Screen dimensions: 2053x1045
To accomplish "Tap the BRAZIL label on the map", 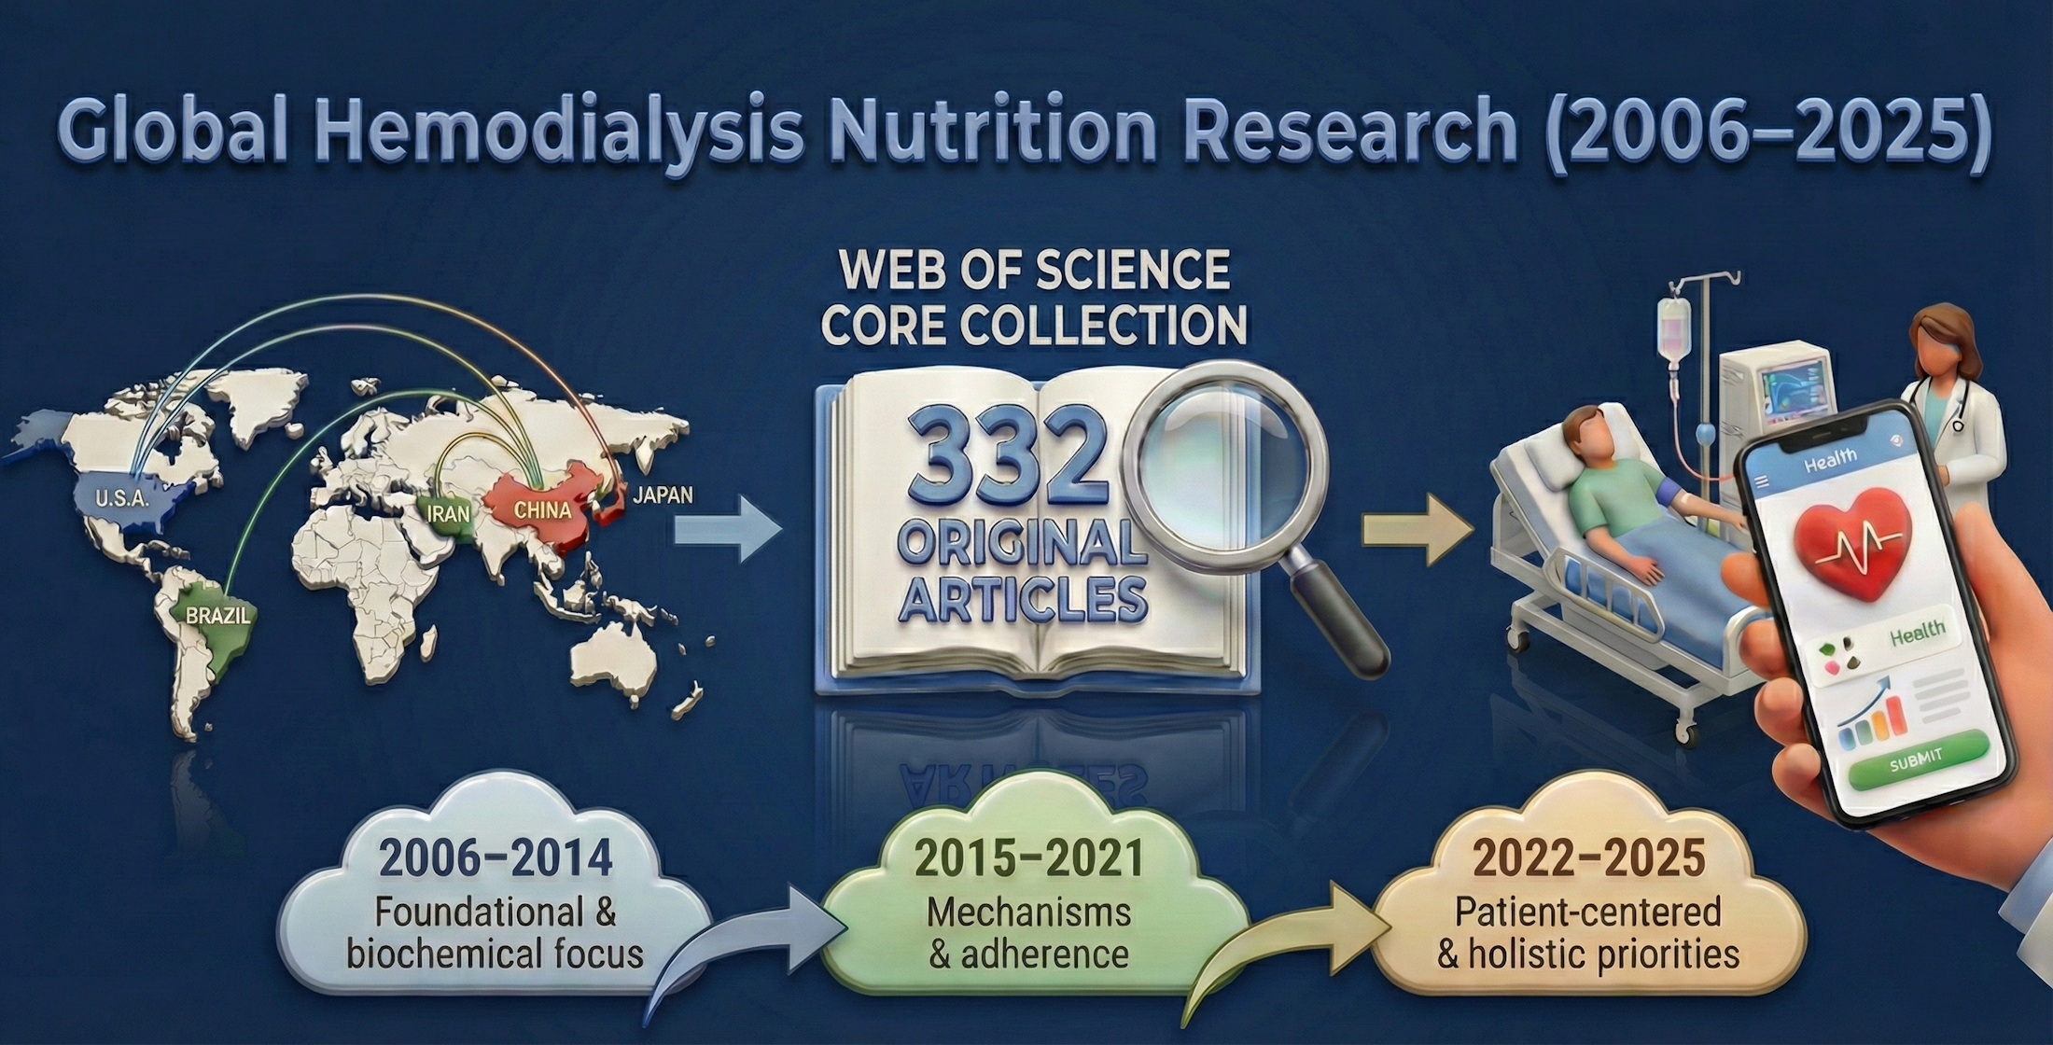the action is [x=217, y=616].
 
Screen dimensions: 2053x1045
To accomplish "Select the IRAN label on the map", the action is [x=449, y=513].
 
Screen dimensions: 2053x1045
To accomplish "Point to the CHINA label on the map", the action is [x=542, y=510].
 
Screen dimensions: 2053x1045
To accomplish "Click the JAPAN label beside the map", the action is [x=663, y=495].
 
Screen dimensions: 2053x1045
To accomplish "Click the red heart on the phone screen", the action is [x=1852, y=542].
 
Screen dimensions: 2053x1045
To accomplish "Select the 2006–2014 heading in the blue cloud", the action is [x=496, y=858].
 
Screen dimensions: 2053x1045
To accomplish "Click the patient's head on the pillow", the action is [x=1586, y=435].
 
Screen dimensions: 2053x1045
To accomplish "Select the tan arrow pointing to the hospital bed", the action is [x=1418, y=531].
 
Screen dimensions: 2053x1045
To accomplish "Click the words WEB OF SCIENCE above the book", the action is [x=1034, y=272].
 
